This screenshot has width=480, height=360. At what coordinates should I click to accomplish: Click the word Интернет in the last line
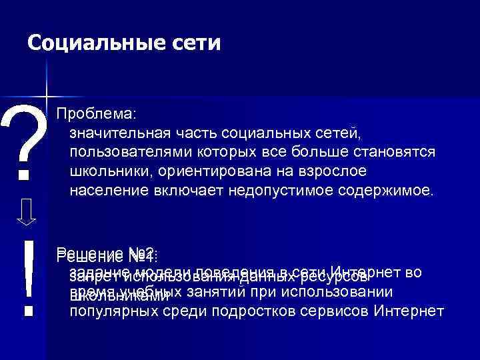coord(409,311)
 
